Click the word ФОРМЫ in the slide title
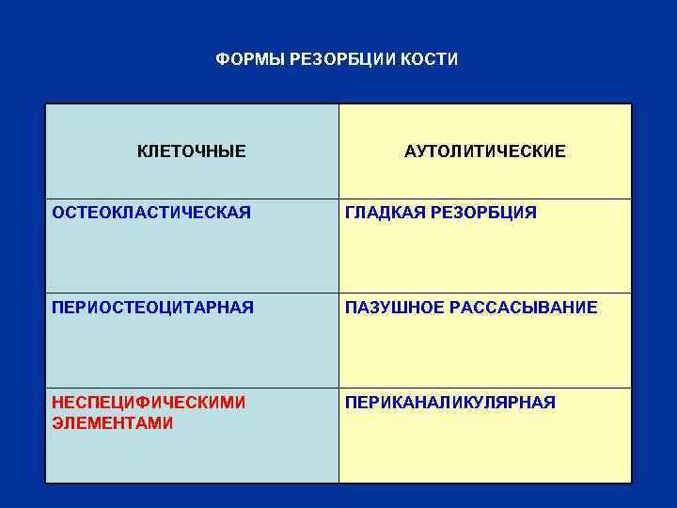click(x=244, y=60)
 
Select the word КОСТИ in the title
click(x=433, y=60)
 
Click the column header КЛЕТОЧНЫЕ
click(x=192, y=151)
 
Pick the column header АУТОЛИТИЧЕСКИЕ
click(x=485, y=151)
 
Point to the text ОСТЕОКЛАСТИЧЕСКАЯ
click(x=151, y=213)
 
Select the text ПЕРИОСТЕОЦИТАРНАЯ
click(x=152, y=308)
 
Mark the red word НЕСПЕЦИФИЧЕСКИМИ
click(x=149, y=403)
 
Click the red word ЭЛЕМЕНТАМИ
click(x=113, y=423)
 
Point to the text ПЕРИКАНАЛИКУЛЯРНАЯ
click(x=450, y=403)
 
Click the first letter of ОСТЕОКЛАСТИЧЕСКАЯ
click(x=58, y=213)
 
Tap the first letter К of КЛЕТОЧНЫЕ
click(x=143, y=151)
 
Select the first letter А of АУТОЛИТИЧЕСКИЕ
click(x=410, y=151)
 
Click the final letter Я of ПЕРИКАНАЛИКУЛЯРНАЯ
click(x=550, y=403)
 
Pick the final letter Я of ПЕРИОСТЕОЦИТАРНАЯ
click(x=248, y=308)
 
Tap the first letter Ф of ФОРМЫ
click(x=221, y=60)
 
